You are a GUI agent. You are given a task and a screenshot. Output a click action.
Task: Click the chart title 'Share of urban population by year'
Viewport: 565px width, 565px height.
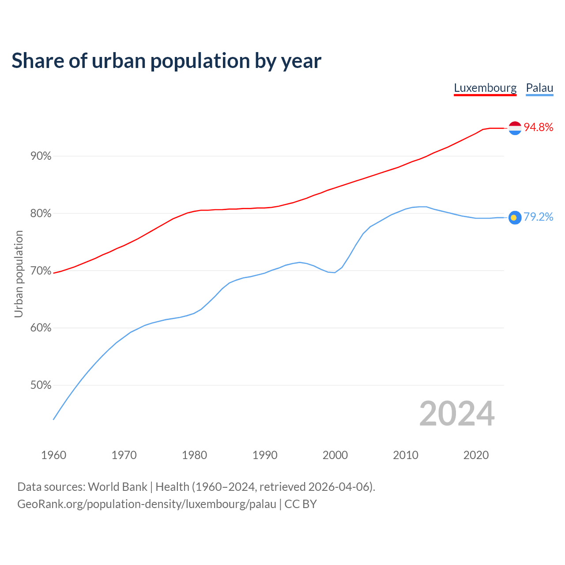tap(166, 61)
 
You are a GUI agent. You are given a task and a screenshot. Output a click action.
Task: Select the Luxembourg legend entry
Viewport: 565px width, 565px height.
tap(485, 88)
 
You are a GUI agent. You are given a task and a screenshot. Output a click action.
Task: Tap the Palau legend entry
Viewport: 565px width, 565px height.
tap(539, 88)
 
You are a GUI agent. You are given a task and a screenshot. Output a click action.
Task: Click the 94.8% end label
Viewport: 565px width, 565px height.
tap(538, 128)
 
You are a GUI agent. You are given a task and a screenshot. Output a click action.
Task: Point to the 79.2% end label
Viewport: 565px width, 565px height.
tap(538, 217)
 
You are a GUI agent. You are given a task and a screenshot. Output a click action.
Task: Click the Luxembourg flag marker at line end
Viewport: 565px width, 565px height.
tap(515, 128)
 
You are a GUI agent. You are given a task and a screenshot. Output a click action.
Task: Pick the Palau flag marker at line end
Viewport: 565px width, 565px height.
tap(515, 217)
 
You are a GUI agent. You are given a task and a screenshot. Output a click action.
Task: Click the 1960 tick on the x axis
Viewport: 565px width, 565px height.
tap(53, 455)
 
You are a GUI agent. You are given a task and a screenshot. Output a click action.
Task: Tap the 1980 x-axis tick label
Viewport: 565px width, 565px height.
tap(194, 455)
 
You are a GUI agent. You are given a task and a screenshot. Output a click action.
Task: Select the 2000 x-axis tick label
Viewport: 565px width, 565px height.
tap(335, 455)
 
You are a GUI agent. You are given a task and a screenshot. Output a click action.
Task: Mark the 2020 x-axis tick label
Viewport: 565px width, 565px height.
tap(476, 455)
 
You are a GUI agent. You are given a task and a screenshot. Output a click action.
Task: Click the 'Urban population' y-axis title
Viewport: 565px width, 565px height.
tap(19, 274)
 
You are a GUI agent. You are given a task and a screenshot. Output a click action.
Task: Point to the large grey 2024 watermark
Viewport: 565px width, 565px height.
tap(457, 414)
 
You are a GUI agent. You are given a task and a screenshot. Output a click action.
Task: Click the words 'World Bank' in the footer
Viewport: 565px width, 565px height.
tap(117, 487)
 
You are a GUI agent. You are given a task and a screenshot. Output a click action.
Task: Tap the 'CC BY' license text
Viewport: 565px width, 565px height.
tap(301, 504)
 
